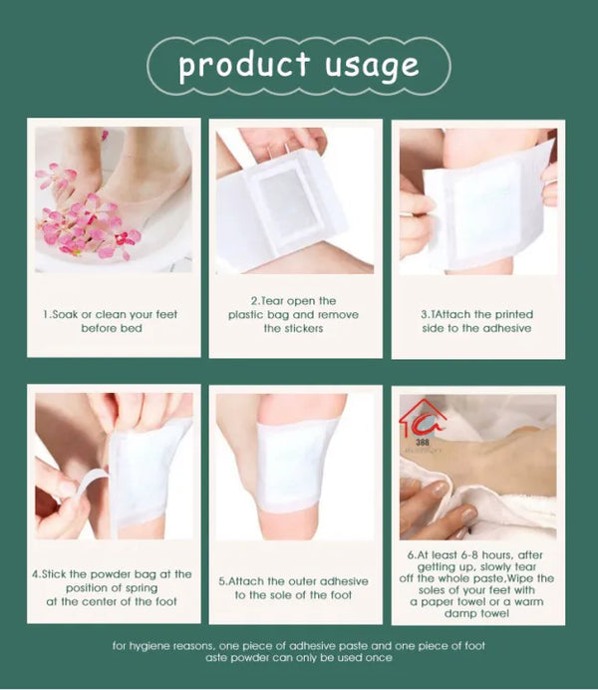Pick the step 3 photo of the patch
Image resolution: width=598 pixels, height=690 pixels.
click(x=477, y=199)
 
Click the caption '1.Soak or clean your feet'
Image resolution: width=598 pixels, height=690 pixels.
click(x=111, y=314)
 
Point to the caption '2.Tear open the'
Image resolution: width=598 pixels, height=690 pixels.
click(x=293, y=300)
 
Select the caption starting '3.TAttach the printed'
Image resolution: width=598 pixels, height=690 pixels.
click(x=476, y=314)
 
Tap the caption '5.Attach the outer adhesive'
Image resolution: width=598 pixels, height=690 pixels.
click(x=293, y=581)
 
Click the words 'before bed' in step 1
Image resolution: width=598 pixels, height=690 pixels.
click(x=111, y=328)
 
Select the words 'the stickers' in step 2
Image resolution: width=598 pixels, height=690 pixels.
click(x=293, y=328)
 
